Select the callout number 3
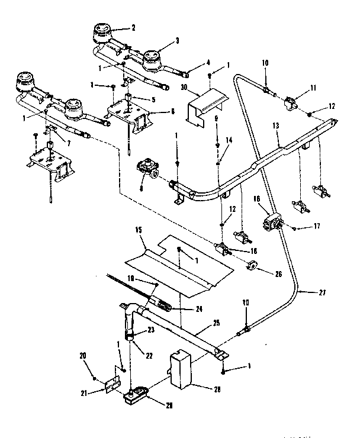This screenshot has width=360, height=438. pyautogui.click(x=176, y=41)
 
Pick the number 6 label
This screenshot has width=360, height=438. pyautogui.click(x=172, y=111)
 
